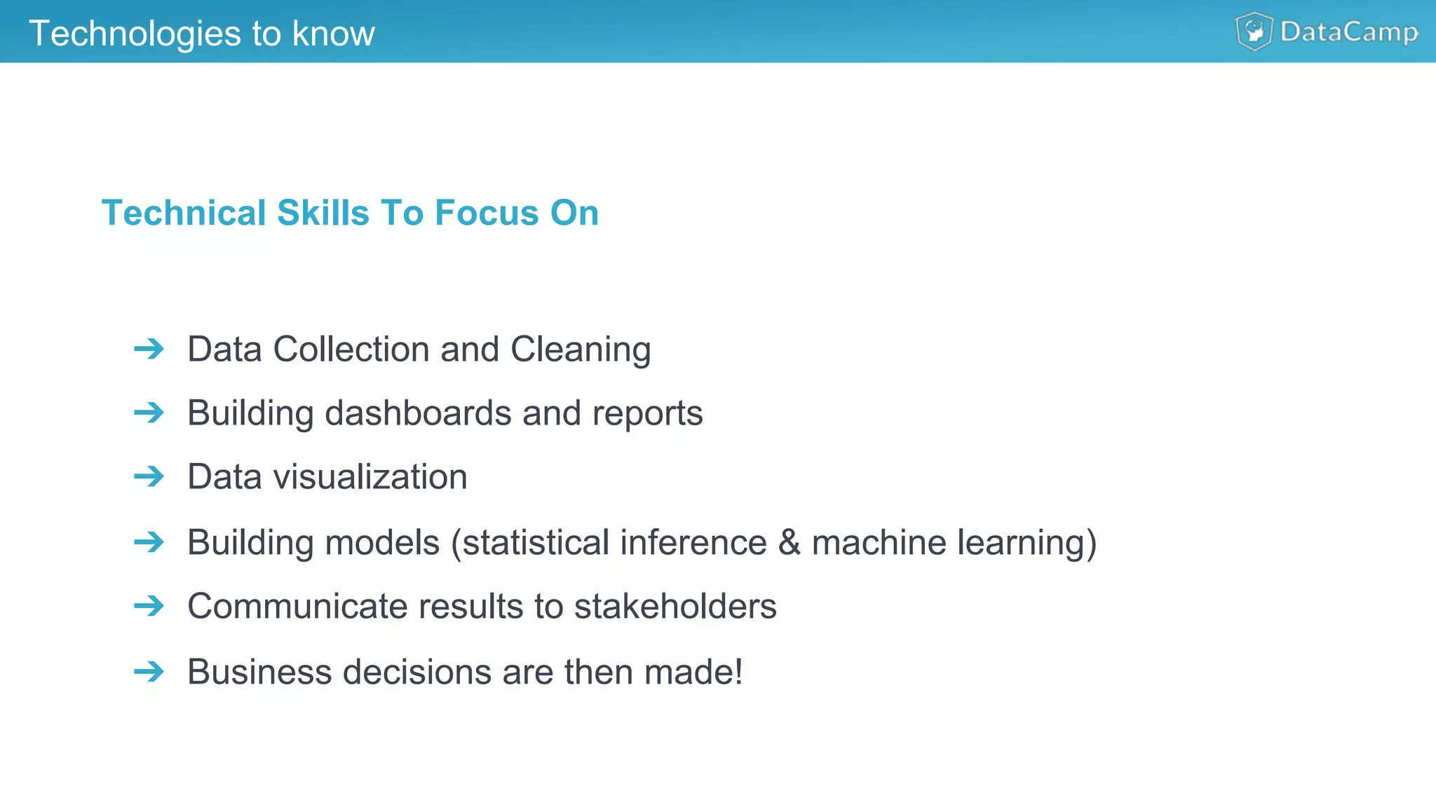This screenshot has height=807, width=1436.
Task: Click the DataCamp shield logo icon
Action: (x=1254, y=32)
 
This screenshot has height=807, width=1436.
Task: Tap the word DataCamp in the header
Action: (x=1349, y=32)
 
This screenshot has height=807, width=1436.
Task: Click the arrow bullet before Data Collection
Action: (x=149, y=349)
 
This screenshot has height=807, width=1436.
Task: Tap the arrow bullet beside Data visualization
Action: (x=149, y=477)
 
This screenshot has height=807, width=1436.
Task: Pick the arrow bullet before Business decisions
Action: (x=149, y=672)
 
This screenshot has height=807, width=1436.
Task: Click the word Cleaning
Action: (x=581, y=350)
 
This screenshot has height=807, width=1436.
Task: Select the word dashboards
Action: (x=418, y=413)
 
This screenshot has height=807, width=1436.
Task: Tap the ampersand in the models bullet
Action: (x=790, y=543)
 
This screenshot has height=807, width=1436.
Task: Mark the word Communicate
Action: (x=297, y=606)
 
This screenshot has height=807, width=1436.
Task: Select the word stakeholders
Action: (x=675, y=606)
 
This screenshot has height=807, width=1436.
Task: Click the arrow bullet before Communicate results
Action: (x=149, y=606)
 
